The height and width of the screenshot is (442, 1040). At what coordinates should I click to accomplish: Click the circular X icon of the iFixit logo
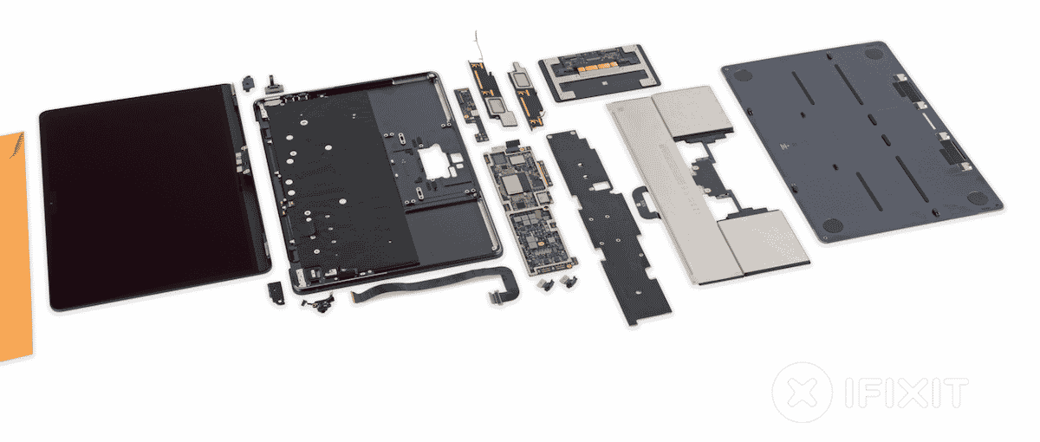coord(803,393)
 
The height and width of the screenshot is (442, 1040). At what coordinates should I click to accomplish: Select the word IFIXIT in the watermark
coord(907,393)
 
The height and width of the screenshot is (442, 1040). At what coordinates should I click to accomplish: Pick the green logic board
coord(530,209)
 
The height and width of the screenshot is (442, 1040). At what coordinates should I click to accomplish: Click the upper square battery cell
coord(692,112)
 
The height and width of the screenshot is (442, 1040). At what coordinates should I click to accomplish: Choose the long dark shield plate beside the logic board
coord(608,227)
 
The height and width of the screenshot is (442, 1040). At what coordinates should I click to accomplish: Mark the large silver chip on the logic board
coord(512,185)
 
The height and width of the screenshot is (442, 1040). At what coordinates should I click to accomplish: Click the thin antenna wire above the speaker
coord(478,47)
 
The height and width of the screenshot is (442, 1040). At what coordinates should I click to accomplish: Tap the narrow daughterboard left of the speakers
coord(471,114)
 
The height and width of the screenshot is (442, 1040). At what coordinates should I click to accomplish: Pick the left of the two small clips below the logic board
coord(544,284)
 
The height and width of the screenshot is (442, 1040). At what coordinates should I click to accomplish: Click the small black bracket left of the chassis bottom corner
coord(276,294)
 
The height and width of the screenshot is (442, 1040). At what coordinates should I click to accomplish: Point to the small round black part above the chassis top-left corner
coord(249,83)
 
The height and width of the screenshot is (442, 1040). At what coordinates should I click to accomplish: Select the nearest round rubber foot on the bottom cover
coord(833,226)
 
